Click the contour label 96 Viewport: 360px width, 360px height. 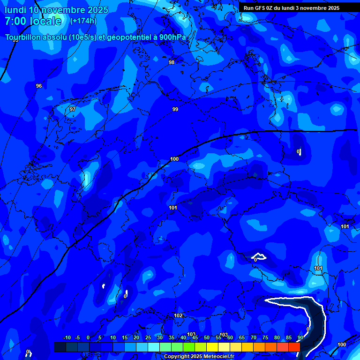39,86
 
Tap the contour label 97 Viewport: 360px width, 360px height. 73,109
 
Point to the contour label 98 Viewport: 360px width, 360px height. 172,62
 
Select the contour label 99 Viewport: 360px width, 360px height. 175,109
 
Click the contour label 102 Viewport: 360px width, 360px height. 178,315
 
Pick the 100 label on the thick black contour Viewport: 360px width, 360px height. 174,159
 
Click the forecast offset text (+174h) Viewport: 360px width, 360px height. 83,21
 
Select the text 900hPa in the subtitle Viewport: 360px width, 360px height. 172,37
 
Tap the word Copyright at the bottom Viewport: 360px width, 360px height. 176,357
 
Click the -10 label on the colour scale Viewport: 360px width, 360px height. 67,337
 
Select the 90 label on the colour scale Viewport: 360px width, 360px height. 300,337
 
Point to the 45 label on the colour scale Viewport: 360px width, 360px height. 195,337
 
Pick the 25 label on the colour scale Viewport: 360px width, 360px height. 148,337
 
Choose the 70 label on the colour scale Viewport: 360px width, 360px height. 253,337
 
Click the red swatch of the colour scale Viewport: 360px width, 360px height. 294,347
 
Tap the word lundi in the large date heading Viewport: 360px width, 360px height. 15,10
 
